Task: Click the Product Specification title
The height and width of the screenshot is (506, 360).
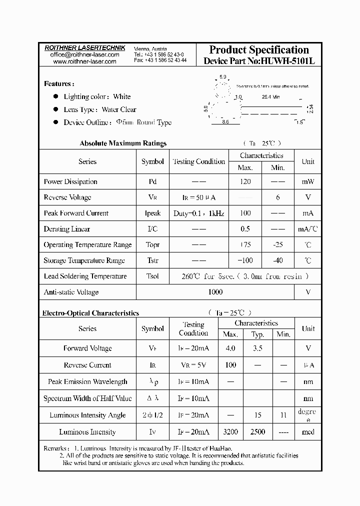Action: [258, 49]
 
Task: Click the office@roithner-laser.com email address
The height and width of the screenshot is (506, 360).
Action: [84, 54]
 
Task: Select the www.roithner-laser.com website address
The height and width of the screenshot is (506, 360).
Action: [84, 61]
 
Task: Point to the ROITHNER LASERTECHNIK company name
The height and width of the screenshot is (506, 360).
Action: [84, 47]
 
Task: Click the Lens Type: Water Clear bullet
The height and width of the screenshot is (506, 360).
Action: [99, 109]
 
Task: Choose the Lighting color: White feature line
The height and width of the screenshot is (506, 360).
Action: [97, 96]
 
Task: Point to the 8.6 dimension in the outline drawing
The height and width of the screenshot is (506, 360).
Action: [225, 122]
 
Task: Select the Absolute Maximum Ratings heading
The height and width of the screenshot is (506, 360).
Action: [123, 143]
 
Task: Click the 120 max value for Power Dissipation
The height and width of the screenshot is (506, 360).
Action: [245, 182]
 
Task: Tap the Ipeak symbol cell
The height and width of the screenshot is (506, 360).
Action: [152, 213]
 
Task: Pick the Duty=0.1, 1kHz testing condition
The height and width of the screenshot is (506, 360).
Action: [198, 213]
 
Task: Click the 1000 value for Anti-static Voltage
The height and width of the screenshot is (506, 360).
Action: [215, 292]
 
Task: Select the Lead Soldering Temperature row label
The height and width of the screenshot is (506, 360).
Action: [85, 276]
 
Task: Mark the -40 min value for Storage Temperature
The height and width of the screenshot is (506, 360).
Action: [277, 260]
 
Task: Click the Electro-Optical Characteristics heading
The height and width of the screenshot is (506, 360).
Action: [90, 313]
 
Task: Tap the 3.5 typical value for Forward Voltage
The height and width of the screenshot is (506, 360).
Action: [257, 348]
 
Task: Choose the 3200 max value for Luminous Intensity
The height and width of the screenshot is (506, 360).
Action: [230, 432]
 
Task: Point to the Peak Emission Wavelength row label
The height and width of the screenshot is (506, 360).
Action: [87, 382]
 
